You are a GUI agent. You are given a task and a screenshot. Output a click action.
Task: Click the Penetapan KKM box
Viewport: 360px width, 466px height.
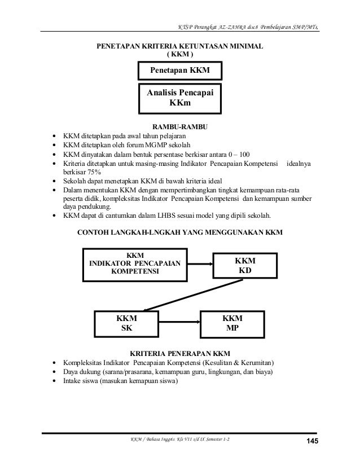click(179, 71)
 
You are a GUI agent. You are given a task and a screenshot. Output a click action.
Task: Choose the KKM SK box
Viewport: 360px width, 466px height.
click(127, 323)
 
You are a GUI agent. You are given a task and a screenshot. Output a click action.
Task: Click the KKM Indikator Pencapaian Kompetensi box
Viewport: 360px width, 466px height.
click(135, 263)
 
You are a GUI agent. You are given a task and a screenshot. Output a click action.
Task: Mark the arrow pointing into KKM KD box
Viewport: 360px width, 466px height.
click(200, 263)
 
